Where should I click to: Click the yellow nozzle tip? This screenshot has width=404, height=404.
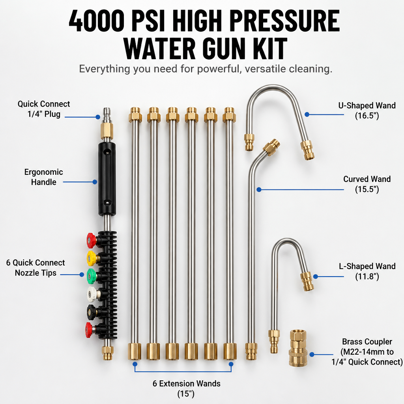(x=92, y=258)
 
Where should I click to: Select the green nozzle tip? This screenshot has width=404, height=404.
(x=92, y=276)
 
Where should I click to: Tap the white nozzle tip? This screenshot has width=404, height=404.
(x=92, y=294)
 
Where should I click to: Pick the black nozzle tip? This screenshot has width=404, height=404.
(x=92, y=312)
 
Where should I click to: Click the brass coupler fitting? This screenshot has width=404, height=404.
(x=298, y=348)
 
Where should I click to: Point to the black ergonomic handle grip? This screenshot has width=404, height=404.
(x=107, y=179)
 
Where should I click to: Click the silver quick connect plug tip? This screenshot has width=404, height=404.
(x=107, y=115)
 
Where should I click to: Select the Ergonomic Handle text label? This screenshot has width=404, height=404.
(x=43, y=177)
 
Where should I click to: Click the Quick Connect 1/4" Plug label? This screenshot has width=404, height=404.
(x=44, y=109)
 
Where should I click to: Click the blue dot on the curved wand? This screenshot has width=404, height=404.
(x=259, y=190)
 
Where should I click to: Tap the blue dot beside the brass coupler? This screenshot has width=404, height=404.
(x=312, y=355)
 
